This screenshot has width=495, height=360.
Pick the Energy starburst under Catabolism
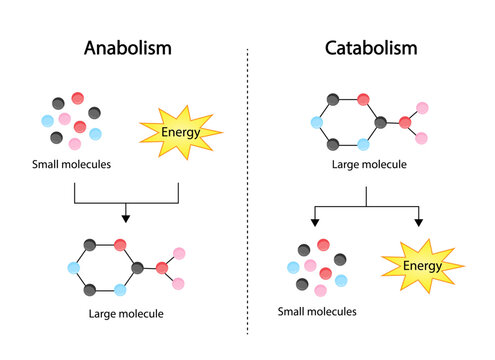(x=413, y=265)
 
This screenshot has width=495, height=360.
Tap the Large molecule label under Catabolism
(x=366, y=165)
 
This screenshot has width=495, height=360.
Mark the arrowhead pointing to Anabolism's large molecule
(x=125, y=216)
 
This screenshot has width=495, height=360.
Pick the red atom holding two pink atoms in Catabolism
(x=405, y=123)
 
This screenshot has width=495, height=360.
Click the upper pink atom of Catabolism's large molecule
(x=423, y=107)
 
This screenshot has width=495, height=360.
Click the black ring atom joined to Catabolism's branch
(x=381, y=123)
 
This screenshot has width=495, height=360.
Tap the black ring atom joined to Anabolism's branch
(x=138, y=267)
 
